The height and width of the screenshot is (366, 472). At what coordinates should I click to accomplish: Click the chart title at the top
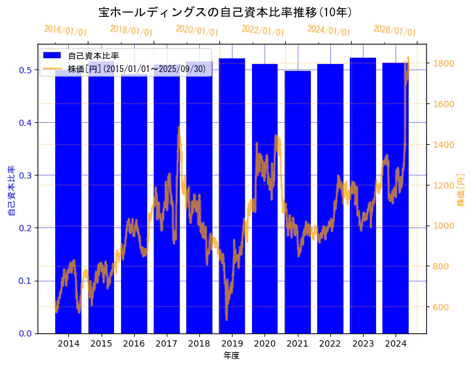click(x=226, y=12)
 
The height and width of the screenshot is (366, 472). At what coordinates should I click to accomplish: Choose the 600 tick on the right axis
click(x=439, y=307)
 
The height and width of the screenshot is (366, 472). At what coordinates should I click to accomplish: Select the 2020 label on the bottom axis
click(x=265, y=343)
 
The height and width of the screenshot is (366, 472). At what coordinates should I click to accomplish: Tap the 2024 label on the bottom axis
click(x=396, y=343)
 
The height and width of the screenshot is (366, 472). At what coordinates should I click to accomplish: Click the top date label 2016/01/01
click(x=66, y=31)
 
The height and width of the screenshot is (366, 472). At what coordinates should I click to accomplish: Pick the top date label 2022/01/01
click(x=263, y=31)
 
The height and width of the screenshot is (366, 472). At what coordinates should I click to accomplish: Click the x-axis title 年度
click(x=231, y=355)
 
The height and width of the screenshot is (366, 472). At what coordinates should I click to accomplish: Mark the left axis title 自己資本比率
click(x=11, y=191)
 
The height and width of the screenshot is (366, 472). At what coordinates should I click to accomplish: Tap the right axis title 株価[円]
click(x=461, y=191)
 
